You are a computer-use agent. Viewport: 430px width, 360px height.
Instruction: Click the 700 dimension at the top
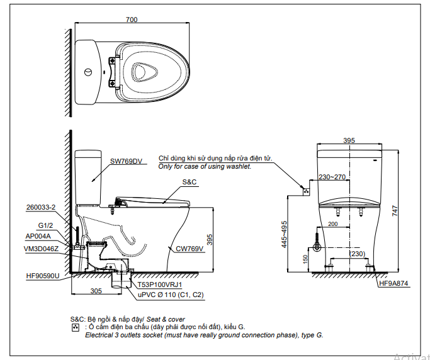point(132,20)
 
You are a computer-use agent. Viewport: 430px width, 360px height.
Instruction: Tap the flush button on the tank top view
point(88,72)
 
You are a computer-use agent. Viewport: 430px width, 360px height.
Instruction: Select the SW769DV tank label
point(126,161)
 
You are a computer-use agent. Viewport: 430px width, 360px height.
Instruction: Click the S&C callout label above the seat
point(190,182)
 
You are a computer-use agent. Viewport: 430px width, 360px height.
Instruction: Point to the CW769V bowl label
point(190,249)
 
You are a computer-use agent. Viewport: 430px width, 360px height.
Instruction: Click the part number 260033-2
point(40,207)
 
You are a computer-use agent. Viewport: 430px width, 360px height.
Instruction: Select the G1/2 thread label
point(45,225)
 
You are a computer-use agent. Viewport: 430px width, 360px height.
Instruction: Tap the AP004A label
point(38,236)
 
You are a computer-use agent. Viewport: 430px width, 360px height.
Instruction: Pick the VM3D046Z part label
point(41,249)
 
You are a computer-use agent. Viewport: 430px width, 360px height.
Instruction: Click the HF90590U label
point(43,276)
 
